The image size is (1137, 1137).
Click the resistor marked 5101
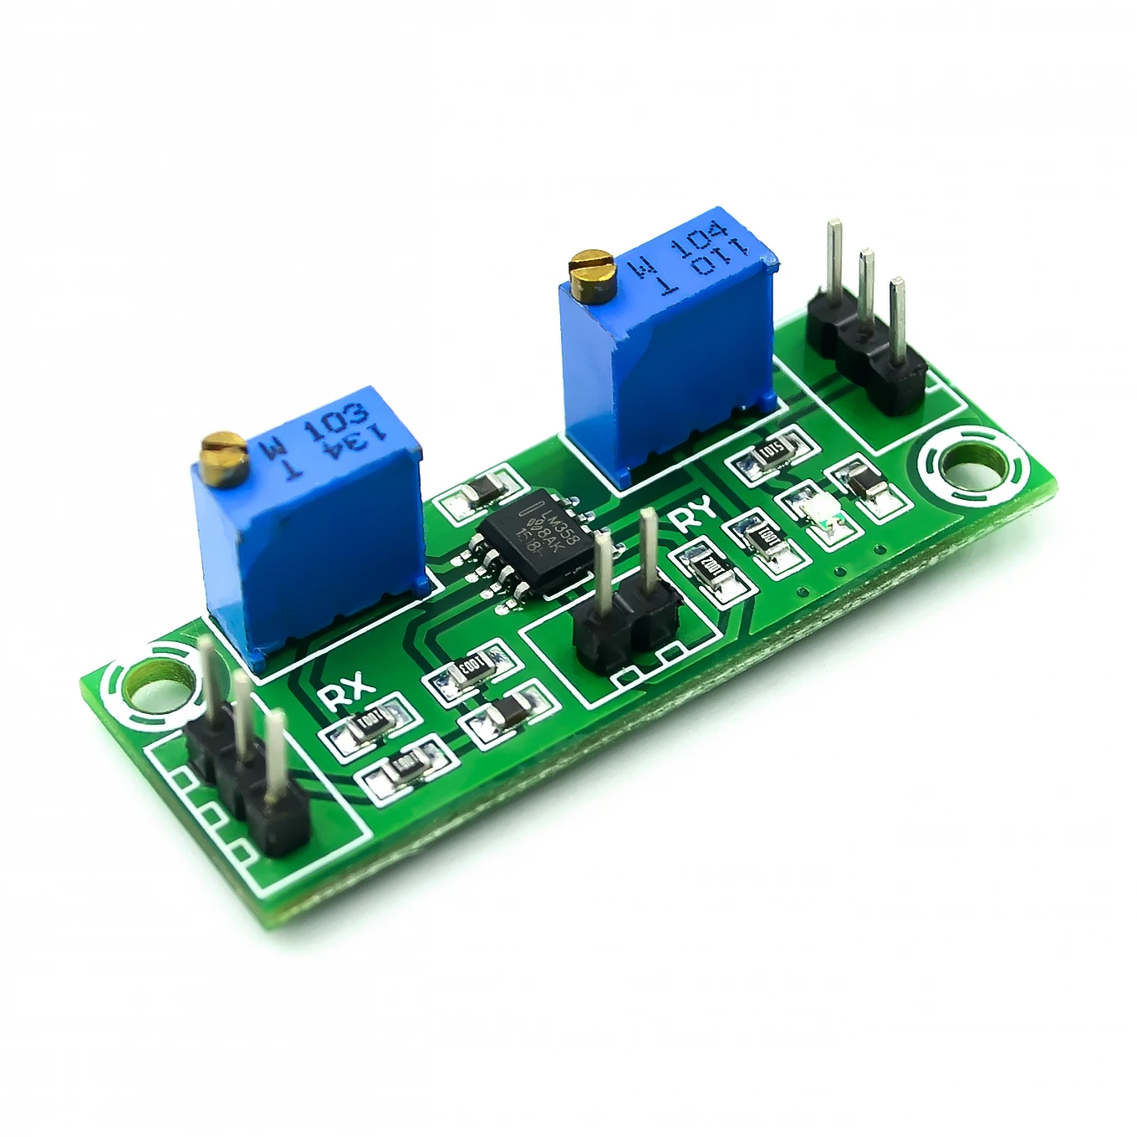768,454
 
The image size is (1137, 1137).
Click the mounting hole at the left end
156,688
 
